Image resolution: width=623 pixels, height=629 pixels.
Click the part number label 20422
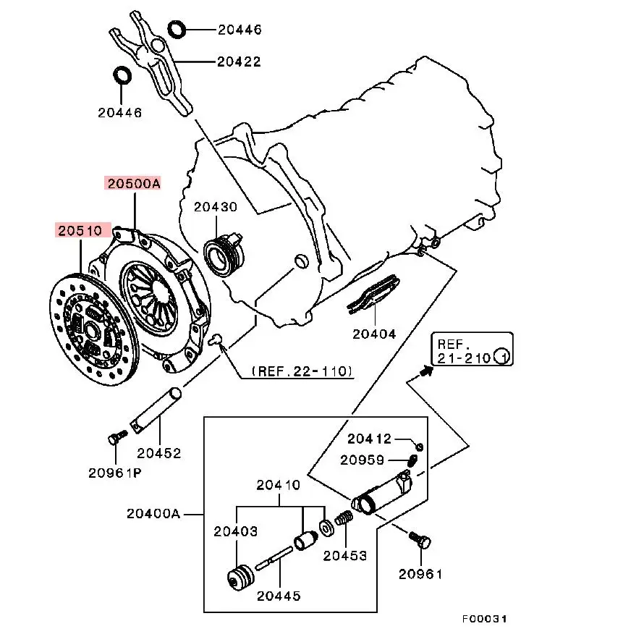point(240,62)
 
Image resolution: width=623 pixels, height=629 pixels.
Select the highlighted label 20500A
point(133,184)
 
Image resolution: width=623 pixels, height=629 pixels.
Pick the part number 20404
point(374,334)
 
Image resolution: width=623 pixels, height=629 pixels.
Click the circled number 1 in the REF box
point(501,357)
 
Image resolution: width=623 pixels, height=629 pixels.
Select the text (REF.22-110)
point(302,371)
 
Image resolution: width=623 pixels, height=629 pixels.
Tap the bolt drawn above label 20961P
point(115,437)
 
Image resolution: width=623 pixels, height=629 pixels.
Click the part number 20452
point(159,454)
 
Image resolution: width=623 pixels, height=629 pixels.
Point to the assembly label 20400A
point(153,513)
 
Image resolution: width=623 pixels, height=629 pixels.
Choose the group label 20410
point(279,486)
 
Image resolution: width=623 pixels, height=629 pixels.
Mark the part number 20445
point(279,596)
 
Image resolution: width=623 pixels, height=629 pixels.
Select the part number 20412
point(369,439)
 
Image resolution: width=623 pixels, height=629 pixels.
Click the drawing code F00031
point(486,620)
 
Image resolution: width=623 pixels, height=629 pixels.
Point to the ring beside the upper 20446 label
point(177,30)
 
